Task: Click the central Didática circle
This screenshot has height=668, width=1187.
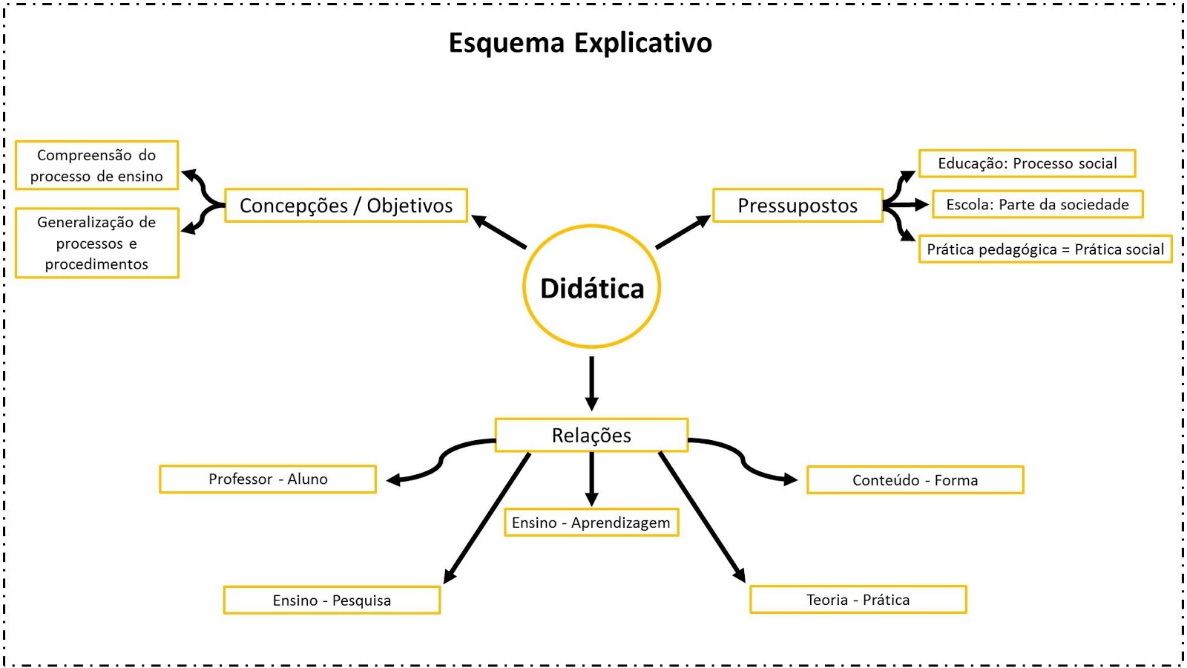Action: [x=591, y=287]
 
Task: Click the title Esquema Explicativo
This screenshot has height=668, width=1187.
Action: [x=580, y=42]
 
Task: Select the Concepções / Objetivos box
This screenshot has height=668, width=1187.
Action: [x=346, y=206]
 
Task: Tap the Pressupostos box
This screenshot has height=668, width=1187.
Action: [x=798, y=206]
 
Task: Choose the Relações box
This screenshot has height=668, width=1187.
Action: [x=591, y=435]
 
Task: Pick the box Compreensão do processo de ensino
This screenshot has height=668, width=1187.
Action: [x=96, y=166]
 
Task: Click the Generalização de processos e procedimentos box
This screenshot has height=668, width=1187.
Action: [x=96, y=243]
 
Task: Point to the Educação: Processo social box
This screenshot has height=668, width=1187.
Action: [x=1027, y=163]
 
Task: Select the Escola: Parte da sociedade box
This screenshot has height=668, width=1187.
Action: [x=1037, y=204]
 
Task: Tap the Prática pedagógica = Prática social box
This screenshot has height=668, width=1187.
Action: [x=1045, y=249]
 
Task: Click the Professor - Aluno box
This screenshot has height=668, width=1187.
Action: [x=268, y=479]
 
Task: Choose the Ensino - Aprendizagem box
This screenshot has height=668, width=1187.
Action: [x=591, y=523]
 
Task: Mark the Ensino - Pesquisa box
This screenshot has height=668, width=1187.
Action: [x=332, y=600]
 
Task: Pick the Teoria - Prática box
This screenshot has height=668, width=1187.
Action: [x=858, y=599]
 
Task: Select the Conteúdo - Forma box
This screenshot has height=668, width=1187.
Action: [x=915, y=479]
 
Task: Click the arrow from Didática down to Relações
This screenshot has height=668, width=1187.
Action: [x=591, y=383]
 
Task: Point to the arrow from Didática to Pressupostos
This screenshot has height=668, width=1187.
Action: [x=683, y=232]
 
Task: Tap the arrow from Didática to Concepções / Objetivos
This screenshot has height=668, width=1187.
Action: [x=499, y=232]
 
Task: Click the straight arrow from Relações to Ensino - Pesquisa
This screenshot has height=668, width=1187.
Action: [x=487, y=517]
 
